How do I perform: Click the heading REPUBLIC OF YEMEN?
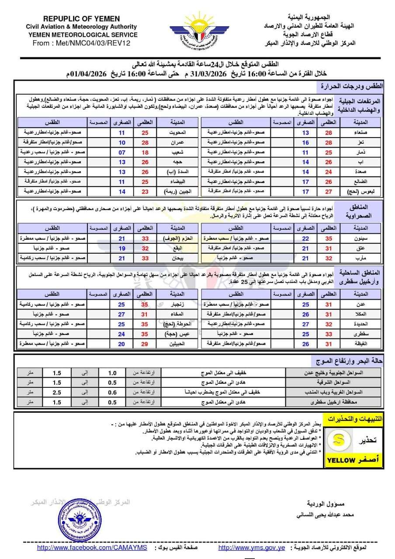click(82, 18)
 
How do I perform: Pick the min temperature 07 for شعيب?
click(122, 152)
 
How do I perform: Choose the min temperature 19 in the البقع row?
click(122, 248)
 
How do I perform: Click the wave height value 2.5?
click(56, 392)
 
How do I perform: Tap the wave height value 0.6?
click(112, 392)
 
